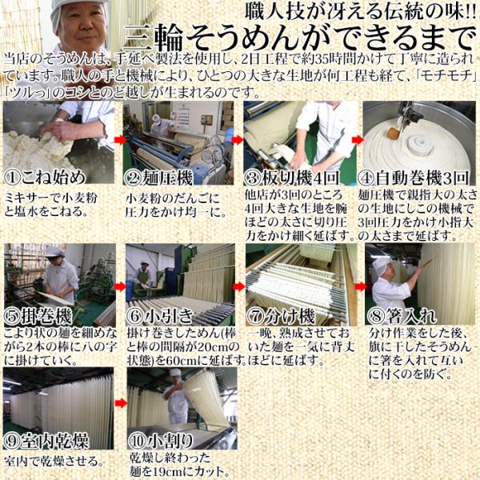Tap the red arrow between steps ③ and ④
(x=358, y=138)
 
